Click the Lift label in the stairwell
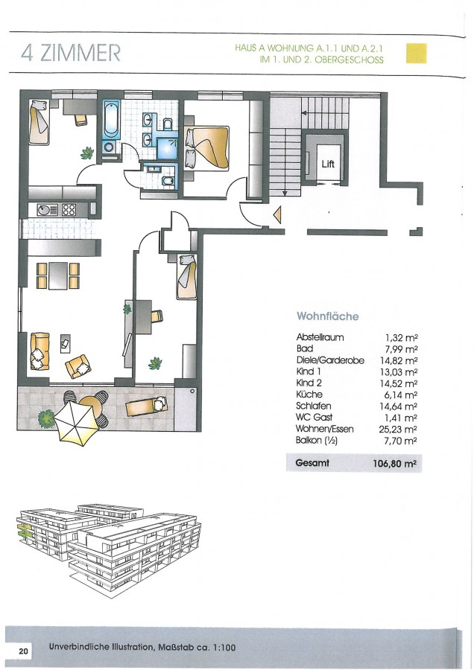328,164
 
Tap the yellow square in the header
417,54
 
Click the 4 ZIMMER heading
71,53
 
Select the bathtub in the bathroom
111,119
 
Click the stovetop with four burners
69,209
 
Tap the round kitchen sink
45,210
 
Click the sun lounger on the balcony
147,406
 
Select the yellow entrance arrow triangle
278,214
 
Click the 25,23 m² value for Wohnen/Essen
398,429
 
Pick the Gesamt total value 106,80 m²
395,463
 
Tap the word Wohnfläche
328,316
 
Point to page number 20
23,651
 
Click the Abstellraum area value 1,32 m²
401,337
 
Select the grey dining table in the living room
58,275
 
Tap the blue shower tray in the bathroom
167,149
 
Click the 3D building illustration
108,549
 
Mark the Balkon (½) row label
317,440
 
